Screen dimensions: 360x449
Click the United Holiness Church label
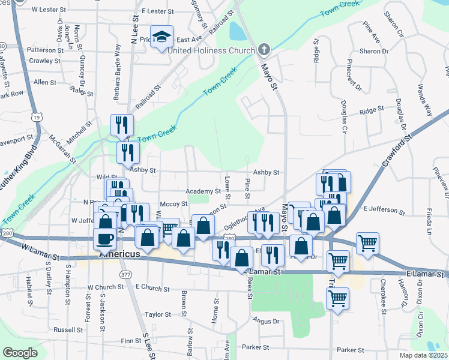[x=211, y=50]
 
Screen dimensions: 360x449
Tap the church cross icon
[x=264, y=50]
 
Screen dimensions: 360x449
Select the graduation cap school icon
[x=162, y=37]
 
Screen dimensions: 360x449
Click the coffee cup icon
[x=105, y=239]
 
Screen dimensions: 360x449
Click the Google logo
[x=20, y=353]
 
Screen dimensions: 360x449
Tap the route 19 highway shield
[x=37, y=118]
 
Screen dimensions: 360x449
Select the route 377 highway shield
[x=125, y=275]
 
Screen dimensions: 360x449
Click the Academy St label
[x=203, y=190]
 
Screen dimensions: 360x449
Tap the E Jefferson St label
[x=384, y=209]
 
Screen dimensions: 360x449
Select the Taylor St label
[x=158, y=314]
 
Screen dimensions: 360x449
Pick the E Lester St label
[x=158, y=11]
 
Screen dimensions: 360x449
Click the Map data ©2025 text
[x=421, y=355]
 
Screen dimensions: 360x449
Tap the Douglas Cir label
[x=344, y=116]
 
